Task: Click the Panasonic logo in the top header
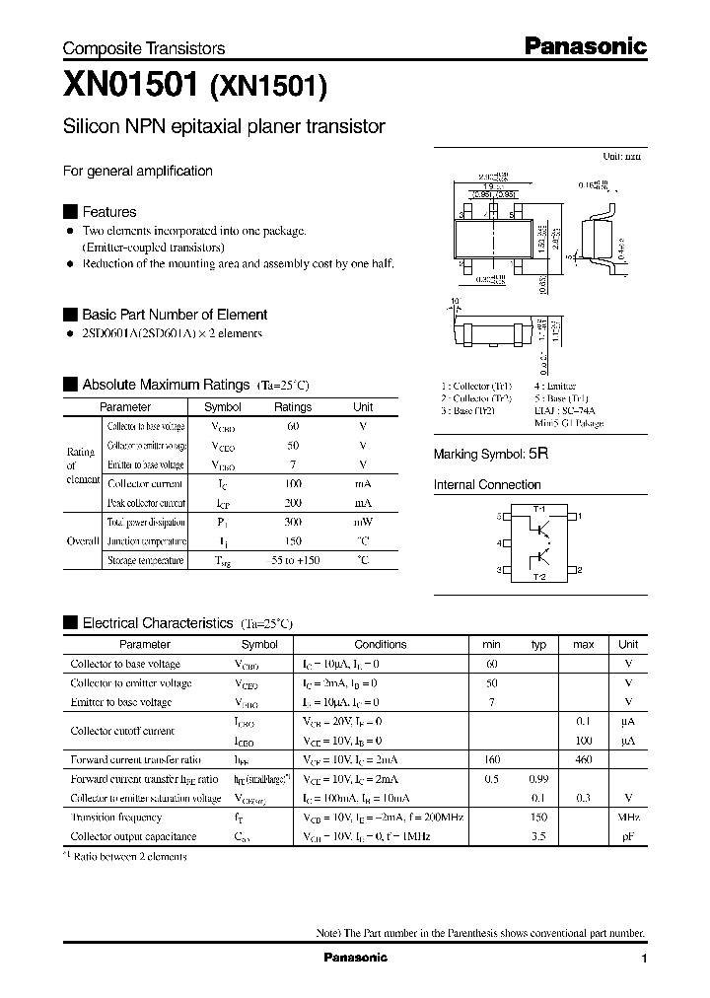coord(584,46)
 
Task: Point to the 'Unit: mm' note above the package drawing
coord(621,157)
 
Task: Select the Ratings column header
coord(292,406)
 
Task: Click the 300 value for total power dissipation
coord(292,522)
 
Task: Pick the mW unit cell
coord(363,522)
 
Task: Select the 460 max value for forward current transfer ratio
coord(584,759)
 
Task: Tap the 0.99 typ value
coord(538,779)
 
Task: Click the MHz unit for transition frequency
coord(628,818)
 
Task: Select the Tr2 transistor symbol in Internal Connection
coord(541,562)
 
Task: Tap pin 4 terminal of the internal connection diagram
coord(502,543)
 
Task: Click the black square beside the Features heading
coord(70,212)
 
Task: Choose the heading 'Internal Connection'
coord(487,484)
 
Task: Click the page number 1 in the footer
coord(643,959)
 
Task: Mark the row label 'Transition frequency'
coord(116,818)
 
